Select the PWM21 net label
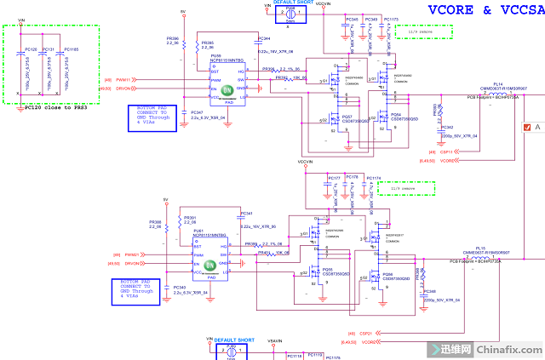tap(130, 254)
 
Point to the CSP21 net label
tap(366, 333)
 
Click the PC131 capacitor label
tap(48, 50)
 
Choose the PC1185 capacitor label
tap(71, 50)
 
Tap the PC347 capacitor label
tap(197, 112)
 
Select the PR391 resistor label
tap(190, 217)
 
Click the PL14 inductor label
tap(498, 84)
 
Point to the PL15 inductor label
tap(480, 249)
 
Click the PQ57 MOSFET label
tap(347, 117)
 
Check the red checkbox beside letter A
tap(527, 128)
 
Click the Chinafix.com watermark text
tap(508, 349)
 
